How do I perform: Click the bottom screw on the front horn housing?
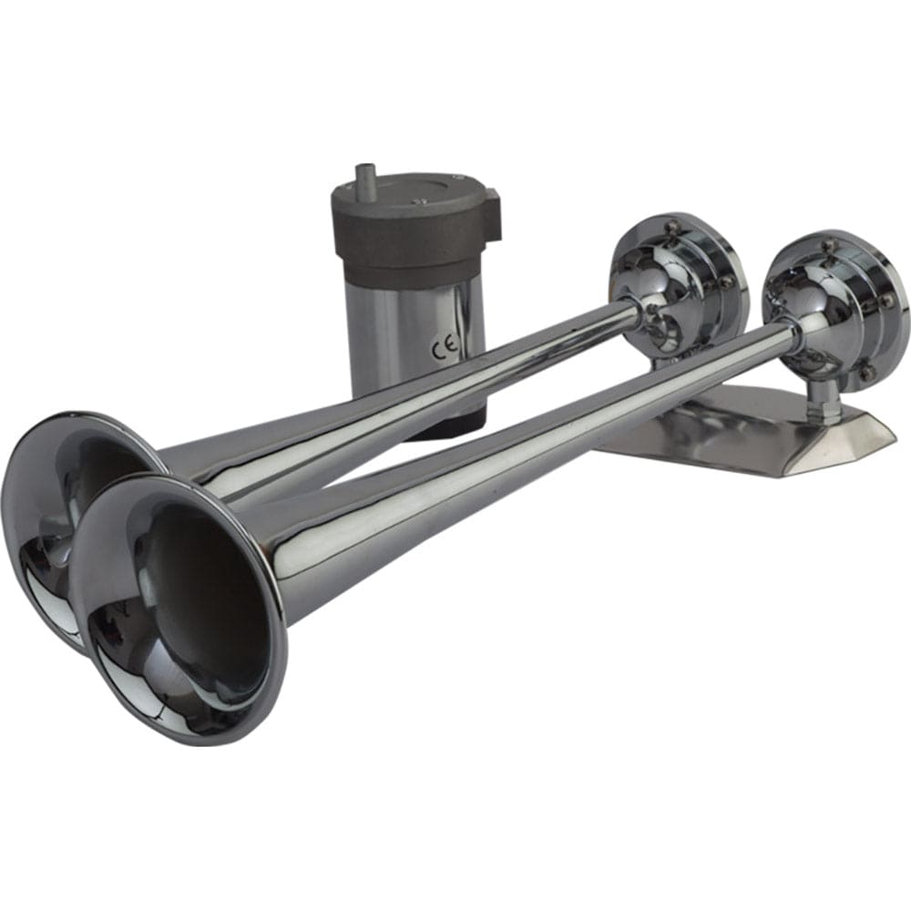click(864, 372)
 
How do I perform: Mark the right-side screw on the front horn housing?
click(888, 301)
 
